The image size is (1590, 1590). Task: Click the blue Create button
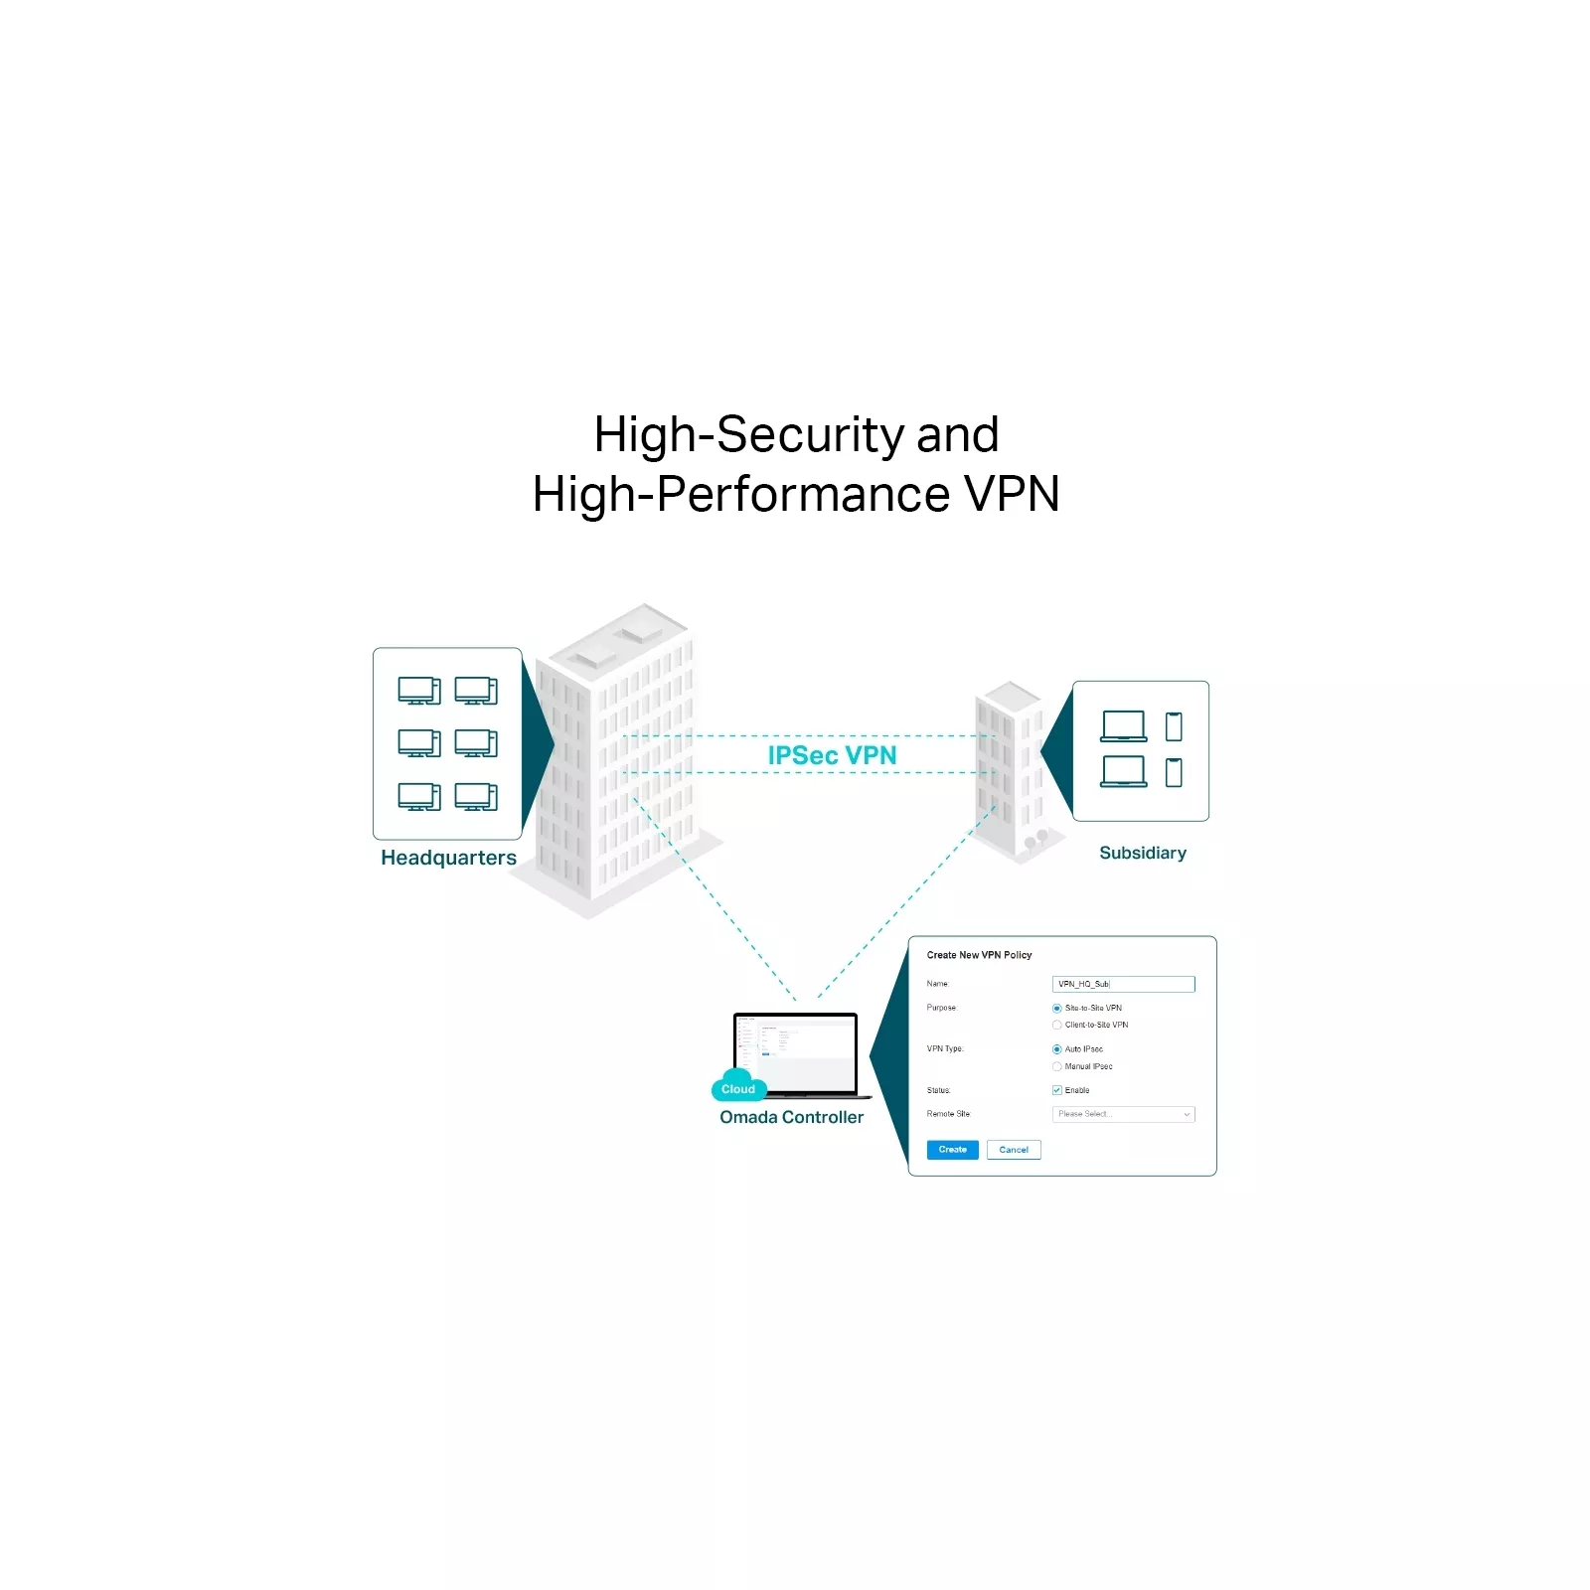click(x=952, y=1150)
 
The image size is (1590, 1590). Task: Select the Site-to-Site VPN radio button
click(x=1057, y=1009)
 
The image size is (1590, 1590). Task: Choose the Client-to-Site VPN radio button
click(x=1057, y=1026)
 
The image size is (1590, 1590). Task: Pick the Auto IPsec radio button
click(x=1057, y=1049)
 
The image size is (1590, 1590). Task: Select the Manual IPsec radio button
click(x=1057, y=1066)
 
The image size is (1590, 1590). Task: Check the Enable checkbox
click(x=1057, y=1090)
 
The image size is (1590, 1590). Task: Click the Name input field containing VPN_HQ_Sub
click(x=1123, y=984)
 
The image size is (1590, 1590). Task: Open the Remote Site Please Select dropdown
click(x=1123, y=1115)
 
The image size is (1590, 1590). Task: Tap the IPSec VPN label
click(x=832, y=755)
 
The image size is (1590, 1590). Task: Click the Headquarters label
click(x=448, y=858)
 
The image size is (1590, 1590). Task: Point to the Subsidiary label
click(x=1143, y=853)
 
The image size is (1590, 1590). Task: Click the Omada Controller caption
click(x=791, y=1117)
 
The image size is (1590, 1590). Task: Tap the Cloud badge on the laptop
click(x=738, y=1089)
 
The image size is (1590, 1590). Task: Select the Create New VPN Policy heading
click(x=979, y=955)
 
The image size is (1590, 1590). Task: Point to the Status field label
click(x=938, y=1090)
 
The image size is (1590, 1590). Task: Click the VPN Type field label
click(x=945, y=1049)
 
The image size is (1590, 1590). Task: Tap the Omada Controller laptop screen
click(x=800, y=1051)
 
